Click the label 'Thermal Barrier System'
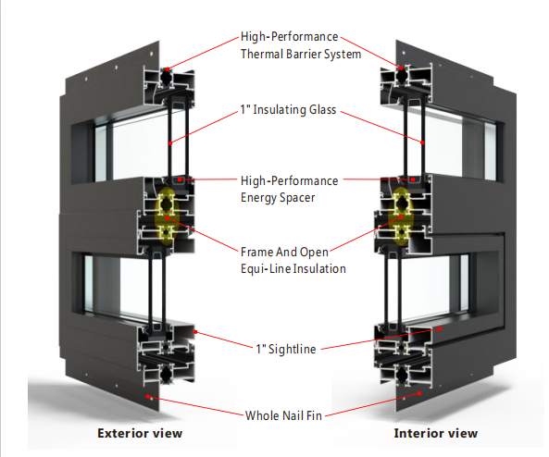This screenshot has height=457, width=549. [x=301, y=55]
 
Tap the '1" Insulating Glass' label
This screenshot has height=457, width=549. [x=288, y=109]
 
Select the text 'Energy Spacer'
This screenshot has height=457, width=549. [x=278, y=198]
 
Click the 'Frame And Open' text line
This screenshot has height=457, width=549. [x=284, y=252]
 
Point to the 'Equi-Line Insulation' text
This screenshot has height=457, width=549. [x=293, y=268]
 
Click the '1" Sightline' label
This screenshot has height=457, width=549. [x=286, y=349]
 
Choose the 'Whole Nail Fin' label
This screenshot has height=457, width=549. [x=283, y=415]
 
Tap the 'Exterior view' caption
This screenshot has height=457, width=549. [x=140, y=433]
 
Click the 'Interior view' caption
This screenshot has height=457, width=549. [x=435, y=433]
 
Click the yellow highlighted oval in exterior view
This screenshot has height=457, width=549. [x=167, y=216]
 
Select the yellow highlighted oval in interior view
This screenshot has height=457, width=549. [x=401, y=216]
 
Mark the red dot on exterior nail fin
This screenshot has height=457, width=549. [x=148, y=397]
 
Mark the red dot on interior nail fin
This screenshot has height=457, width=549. [x=419, y=393]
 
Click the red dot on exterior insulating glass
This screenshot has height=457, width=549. [x=169, y=142]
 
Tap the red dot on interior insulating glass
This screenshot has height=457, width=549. [x=422, y=142]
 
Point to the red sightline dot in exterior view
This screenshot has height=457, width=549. [x=195, y=332]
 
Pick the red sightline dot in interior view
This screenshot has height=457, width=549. [x=440, y=328]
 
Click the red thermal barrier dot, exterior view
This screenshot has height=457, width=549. [x=168, y=69]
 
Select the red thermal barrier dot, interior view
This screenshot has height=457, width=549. [x=401, y=68]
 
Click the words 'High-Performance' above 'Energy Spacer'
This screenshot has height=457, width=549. [x=289, y=181]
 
